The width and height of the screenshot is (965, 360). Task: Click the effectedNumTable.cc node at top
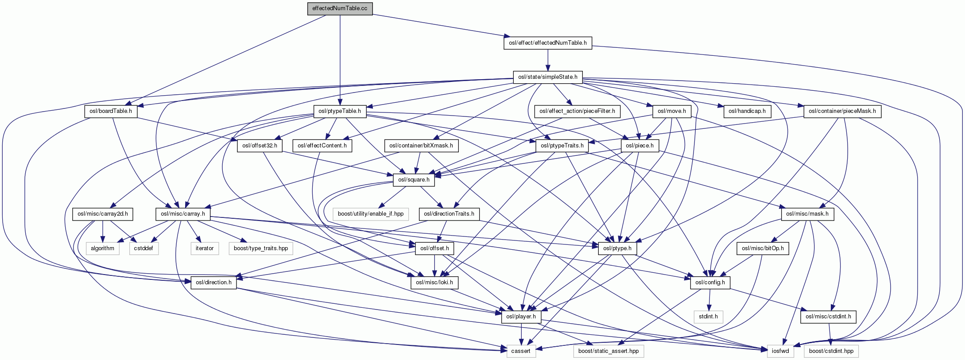tap(340, 9)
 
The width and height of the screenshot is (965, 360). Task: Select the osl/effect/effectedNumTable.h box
tap(547, 43)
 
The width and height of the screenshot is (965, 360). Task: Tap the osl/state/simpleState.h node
tap(547, 77)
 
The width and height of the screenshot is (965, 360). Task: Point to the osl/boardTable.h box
tap(111, 111)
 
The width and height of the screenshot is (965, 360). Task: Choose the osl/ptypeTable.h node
tap(340, 111)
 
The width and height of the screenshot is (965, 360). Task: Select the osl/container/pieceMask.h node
tap(842, 111)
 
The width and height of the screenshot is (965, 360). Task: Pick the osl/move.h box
tap(671, 111)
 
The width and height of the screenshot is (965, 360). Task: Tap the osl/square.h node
tap(414, 180)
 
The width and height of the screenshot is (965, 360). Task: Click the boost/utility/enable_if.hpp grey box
tap(371, 214)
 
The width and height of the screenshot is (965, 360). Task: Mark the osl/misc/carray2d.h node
tap(103, 214)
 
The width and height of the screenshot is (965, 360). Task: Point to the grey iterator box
tap(205, 248)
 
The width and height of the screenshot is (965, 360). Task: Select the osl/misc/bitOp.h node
tap(763, 248)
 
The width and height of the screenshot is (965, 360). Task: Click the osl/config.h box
tap(710, 283)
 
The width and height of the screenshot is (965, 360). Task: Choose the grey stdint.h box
tap(708, 317)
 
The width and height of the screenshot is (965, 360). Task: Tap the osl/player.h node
tap(521, 317)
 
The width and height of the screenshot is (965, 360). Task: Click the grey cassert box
tap(521, 351)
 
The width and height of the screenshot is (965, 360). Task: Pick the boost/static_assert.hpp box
tap(608, 351)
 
